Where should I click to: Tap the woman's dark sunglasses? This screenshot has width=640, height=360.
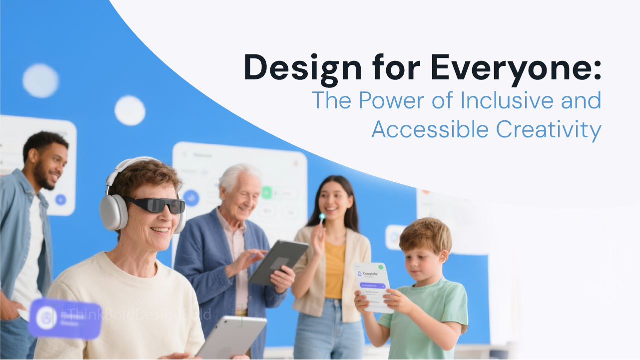155,205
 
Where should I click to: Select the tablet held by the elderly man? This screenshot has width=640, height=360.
277,261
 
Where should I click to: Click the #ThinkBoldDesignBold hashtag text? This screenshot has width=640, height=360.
135,314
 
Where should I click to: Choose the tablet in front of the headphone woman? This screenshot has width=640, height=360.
231,337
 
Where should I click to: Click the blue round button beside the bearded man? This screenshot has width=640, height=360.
60,200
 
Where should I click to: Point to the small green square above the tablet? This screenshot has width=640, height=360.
267,192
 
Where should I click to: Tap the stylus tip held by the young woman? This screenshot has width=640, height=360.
322,216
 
